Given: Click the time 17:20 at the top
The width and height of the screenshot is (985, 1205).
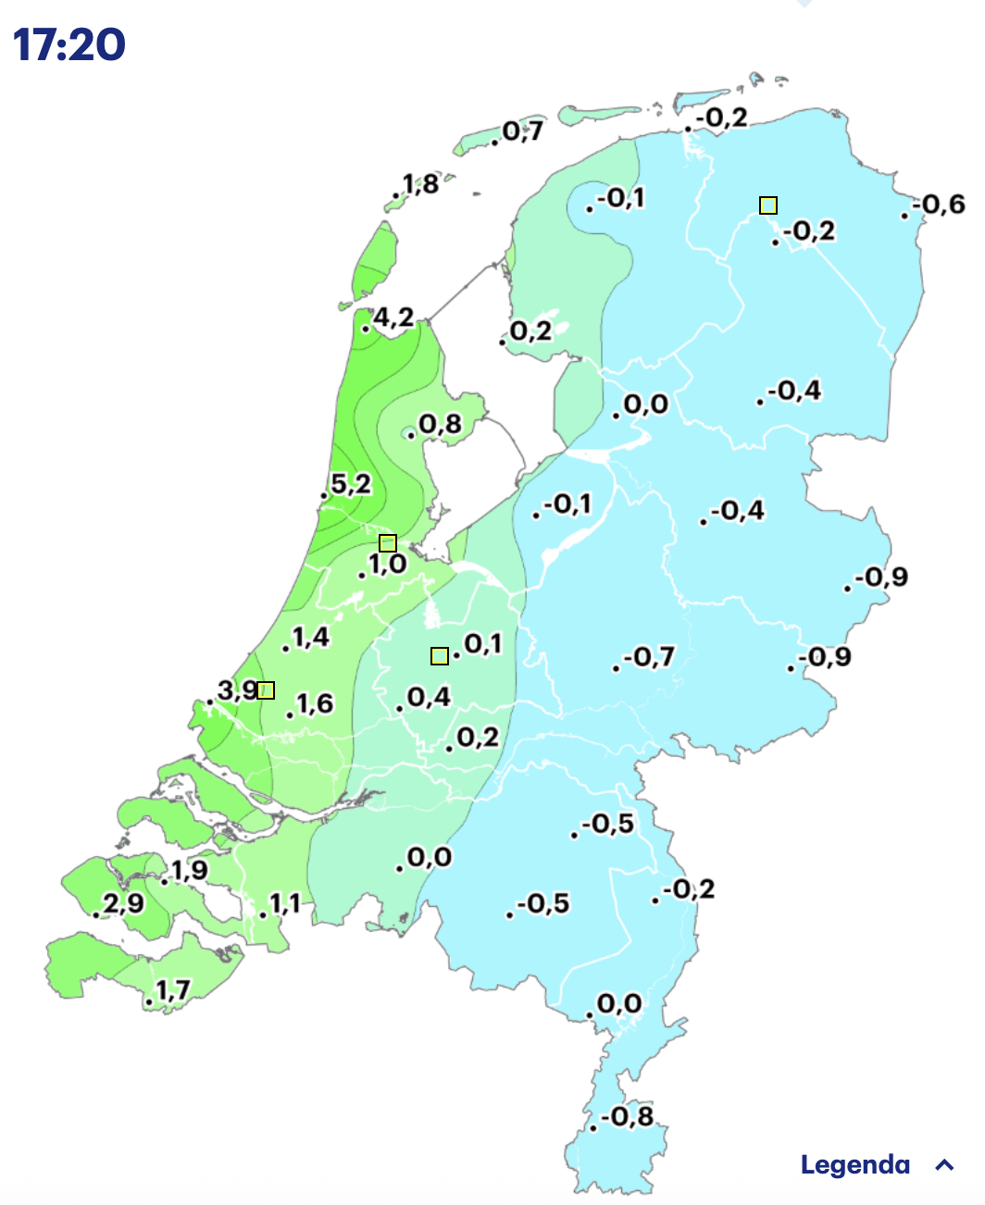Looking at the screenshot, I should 69,44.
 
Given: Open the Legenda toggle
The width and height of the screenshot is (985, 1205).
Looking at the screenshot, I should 855,1164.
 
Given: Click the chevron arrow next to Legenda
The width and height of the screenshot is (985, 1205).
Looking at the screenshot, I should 944,1165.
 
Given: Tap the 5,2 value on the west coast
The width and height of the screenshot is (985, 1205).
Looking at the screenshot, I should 351,483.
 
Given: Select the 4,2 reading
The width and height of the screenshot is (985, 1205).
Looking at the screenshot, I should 393,317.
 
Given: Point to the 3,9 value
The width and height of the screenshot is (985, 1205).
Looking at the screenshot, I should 237,689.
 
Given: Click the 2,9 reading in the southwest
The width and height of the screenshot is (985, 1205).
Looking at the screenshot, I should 123,902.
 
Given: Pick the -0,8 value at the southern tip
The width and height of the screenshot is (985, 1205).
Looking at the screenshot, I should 628,1116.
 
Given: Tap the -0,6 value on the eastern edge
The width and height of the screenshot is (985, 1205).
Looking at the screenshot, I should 939,205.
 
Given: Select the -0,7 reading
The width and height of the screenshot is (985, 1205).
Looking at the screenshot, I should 649,657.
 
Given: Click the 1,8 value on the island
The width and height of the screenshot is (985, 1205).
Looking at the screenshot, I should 420,183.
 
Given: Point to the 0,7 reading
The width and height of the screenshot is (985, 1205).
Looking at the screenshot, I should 523,131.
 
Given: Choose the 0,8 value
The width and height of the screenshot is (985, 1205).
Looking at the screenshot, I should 440,425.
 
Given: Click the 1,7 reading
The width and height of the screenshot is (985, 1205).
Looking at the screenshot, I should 173,990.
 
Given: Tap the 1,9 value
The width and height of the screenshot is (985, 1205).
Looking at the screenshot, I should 189,870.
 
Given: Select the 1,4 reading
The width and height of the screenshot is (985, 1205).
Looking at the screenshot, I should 311,637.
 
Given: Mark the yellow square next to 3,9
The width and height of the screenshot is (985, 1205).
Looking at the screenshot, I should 266,689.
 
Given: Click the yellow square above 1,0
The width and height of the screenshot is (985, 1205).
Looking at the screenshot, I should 388,543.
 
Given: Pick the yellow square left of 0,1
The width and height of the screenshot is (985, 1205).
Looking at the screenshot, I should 440,656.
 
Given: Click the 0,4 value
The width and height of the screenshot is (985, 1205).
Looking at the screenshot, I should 429,697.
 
